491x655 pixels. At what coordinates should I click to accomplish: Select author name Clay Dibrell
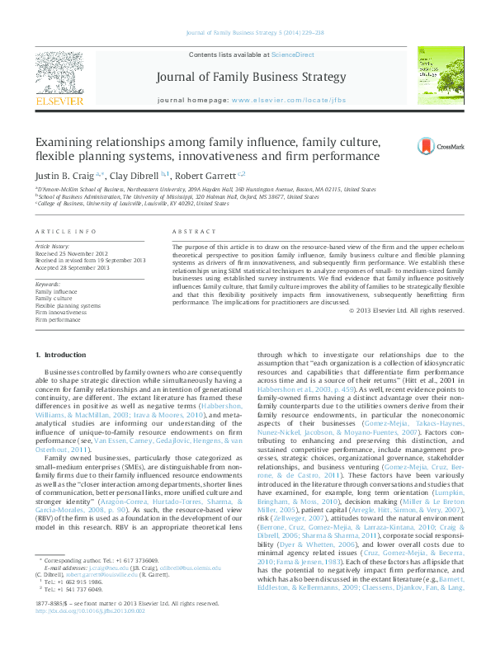tap(134, 175)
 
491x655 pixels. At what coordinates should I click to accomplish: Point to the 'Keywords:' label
tap(48, 285)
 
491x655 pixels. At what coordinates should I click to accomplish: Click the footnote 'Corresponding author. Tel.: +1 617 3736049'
tap(99, 583)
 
